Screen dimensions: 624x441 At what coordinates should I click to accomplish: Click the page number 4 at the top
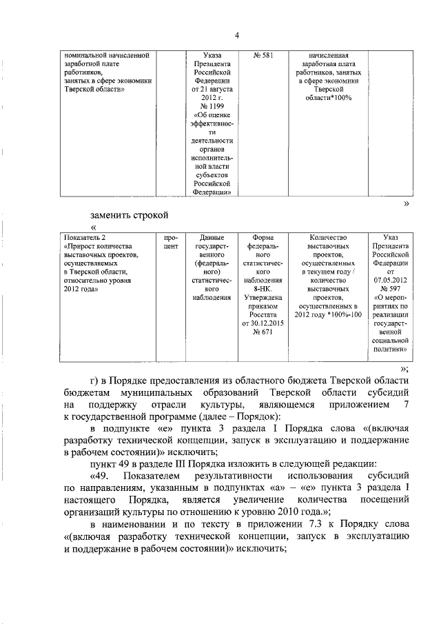click(236, 36)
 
